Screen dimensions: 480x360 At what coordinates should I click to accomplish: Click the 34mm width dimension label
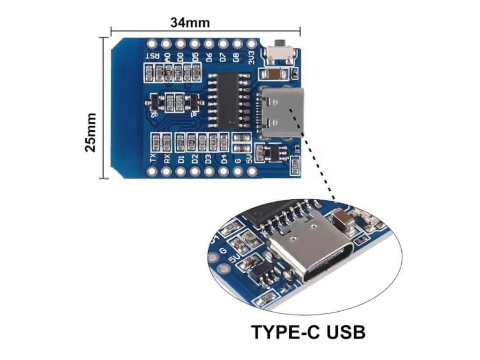click(190, 22)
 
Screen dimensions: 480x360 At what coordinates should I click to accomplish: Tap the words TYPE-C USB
click(308, 332)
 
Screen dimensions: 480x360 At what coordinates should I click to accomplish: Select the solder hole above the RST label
click(151, 44)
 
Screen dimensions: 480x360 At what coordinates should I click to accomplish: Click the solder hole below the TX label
click(152, 172)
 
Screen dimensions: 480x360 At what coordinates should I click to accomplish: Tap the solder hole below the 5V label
click(252, 172)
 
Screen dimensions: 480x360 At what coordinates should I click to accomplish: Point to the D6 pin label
click(209, 57)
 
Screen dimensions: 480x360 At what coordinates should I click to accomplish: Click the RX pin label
click(166, 158)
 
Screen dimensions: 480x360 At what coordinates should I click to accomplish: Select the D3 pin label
click(209, 158)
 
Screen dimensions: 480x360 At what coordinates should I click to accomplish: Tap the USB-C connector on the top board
click(281, 112)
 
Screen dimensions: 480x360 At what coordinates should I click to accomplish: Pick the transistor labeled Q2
click(153, 101)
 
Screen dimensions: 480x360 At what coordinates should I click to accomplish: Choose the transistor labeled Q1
click(193, 101)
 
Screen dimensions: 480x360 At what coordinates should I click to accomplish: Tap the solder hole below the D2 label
click(195, 172)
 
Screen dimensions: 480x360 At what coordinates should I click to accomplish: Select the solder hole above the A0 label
click(166, 44)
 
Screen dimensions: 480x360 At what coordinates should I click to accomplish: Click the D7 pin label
click(223, 57)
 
